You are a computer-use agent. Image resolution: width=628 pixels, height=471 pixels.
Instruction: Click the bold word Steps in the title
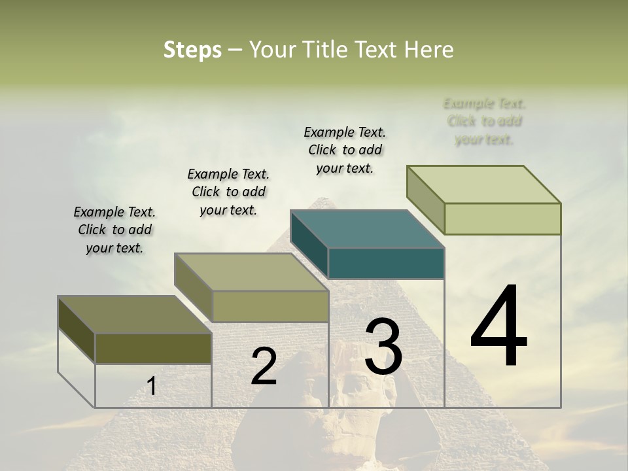(192, 50)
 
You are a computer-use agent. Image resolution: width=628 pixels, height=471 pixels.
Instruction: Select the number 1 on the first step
(152, 387)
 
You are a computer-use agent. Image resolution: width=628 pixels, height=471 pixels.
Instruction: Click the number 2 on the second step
(264, 366)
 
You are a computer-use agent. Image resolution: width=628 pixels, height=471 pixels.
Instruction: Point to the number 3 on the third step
(383, 347)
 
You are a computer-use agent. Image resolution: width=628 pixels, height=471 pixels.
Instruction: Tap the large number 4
(498, 327)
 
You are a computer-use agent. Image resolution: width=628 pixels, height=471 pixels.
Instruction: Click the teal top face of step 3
(368, 229)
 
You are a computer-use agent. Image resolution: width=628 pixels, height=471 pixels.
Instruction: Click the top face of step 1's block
(135, 315)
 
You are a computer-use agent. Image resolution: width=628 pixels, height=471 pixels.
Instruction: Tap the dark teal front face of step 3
(386, 264)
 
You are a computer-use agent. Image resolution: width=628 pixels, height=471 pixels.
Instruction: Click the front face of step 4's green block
(502, 218)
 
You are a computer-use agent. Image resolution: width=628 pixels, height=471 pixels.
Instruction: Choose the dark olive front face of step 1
(153, 349)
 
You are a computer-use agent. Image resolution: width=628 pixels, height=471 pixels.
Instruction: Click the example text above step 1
(114, 230)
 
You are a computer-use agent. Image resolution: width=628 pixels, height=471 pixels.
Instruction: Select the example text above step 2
(228, 192)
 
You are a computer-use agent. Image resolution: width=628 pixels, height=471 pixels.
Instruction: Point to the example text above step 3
(345, 150)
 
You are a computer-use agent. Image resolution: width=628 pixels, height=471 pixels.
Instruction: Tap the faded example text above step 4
(484, 121)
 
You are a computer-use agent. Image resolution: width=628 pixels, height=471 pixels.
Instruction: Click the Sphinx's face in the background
(363, 406)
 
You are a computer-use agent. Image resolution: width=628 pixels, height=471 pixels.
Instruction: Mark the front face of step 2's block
(270, 306)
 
